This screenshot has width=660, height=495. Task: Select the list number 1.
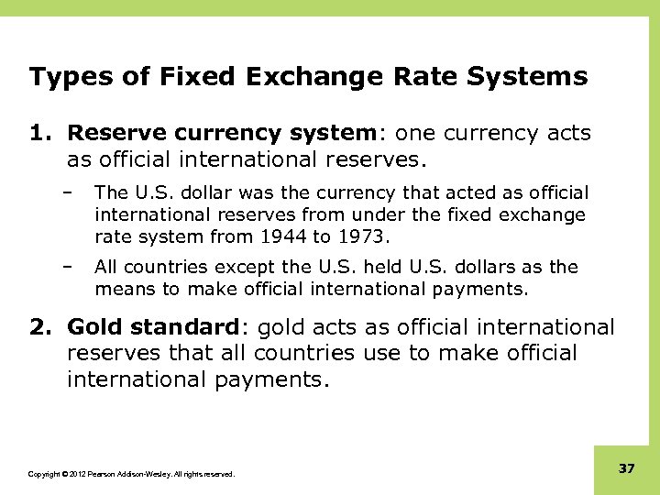(x=39, y=134)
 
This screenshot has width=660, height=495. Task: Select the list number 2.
(x=39, y=327)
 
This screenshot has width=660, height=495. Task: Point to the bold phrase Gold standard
(x=152, y=327)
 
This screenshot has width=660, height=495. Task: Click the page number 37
(x=627, y=469)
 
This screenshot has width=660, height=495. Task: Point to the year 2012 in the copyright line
(x=74, y=474)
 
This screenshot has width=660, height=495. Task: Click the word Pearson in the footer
(x=100, y=474)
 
